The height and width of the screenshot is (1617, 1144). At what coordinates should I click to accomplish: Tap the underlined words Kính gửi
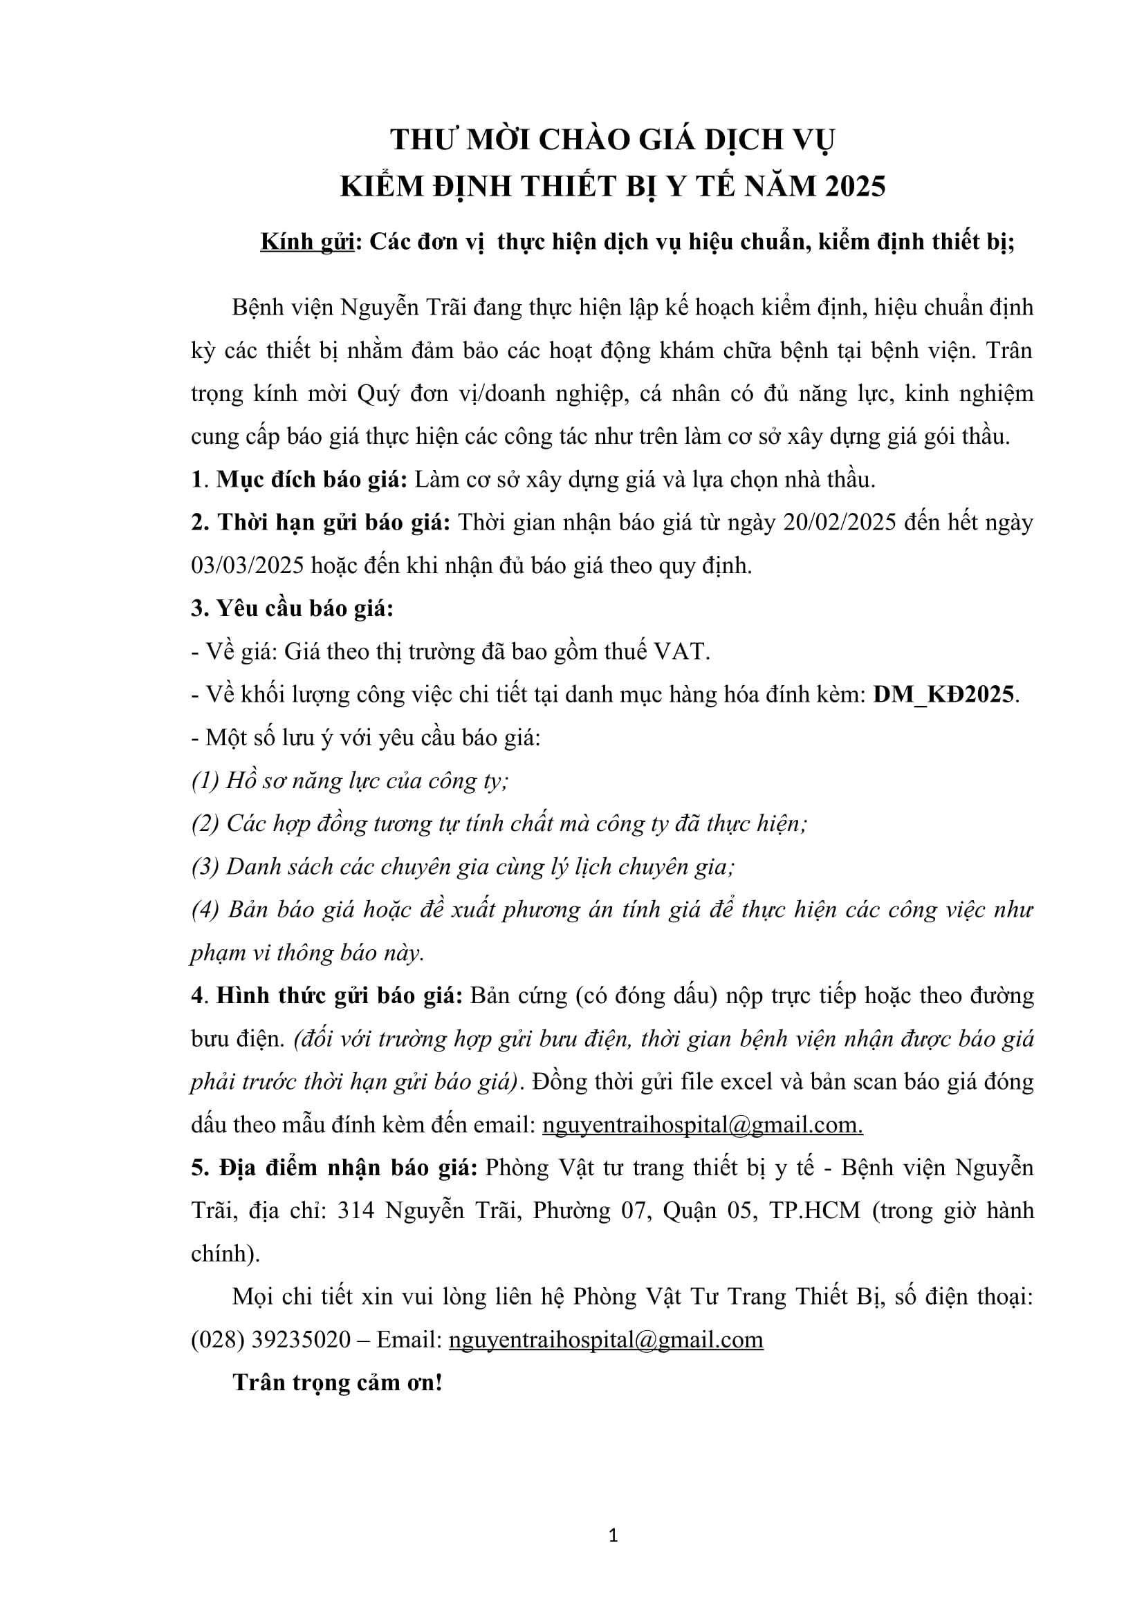click(307, 241)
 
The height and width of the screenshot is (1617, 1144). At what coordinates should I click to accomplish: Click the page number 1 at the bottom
click(613, 1535)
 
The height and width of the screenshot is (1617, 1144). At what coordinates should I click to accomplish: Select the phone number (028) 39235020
click(270, 1339)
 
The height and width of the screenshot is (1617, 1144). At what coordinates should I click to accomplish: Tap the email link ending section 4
click(702, 1125)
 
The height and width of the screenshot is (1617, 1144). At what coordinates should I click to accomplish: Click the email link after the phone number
click(606, 1339)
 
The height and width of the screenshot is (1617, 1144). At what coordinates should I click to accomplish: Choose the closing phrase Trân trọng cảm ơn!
click(338, 1382)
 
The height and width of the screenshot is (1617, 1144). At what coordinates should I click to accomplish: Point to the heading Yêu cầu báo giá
click(293, 608)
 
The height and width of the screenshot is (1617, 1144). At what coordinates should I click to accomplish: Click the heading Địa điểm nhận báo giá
click(335, 1167)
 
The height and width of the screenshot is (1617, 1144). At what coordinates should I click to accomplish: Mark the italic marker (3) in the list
click(205, 867)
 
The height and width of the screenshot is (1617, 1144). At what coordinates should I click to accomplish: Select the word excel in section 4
click(739, 1082)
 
